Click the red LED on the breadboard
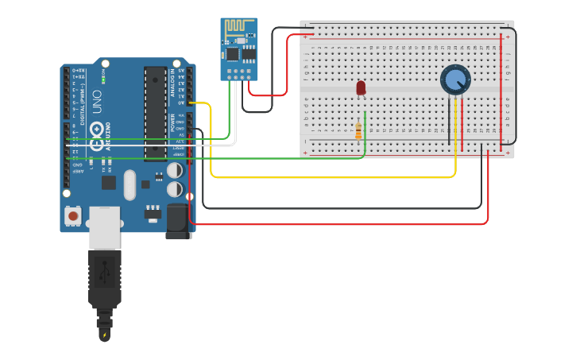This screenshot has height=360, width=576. (361, 87)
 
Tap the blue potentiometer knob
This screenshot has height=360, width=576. (455, 79)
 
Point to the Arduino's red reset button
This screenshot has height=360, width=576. (73, 215)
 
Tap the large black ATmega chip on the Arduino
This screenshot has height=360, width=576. (155, 111)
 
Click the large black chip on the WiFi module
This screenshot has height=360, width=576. (232, 53)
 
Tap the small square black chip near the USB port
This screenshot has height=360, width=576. (109, 182)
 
